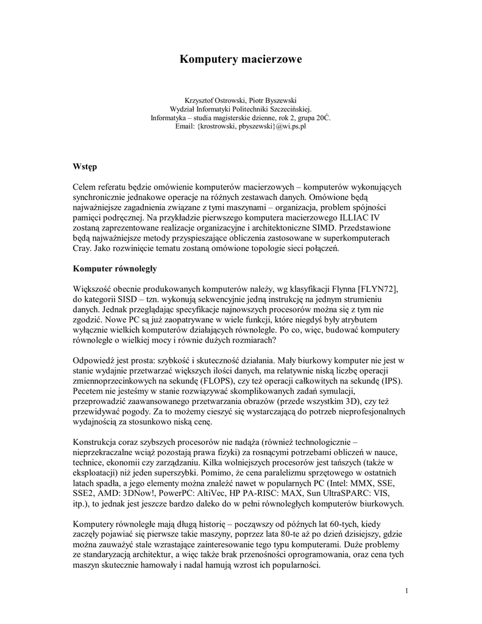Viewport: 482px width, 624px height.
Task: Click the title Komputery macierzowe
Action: pyautogui.click(x=240, y=59)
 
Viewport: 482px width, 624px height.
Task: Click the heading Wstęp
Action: pyautogui.click(x=85, y=166)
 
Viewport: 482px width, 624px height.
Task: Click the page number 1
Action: pyautogui.click(x=406, y=590)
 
